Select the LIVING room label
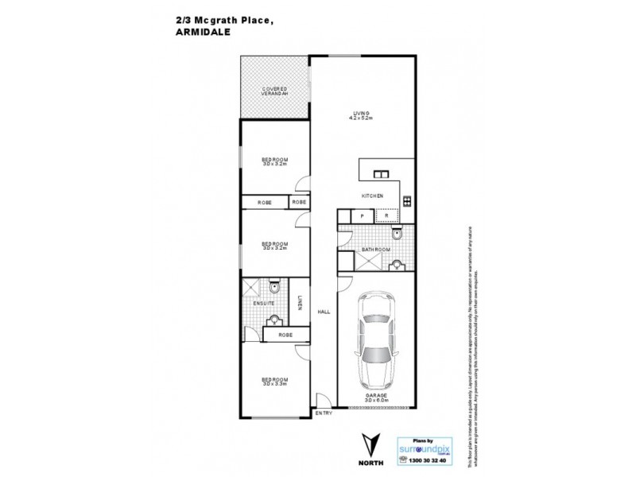(x=363, y=114)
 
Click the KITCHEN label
(x=373, y=196)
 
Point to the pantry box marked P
(x=363, y=215)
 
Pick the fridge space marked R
(x=386, y=215)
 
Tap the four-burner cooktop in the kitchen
(x=406, y=201)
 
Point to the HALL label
(x=324, y=312)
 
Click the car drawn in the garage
(x=376, y=338)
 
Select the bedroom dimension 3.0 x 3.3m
(x=275, y=385)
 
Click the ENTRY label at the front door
(x=324, y=413)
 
